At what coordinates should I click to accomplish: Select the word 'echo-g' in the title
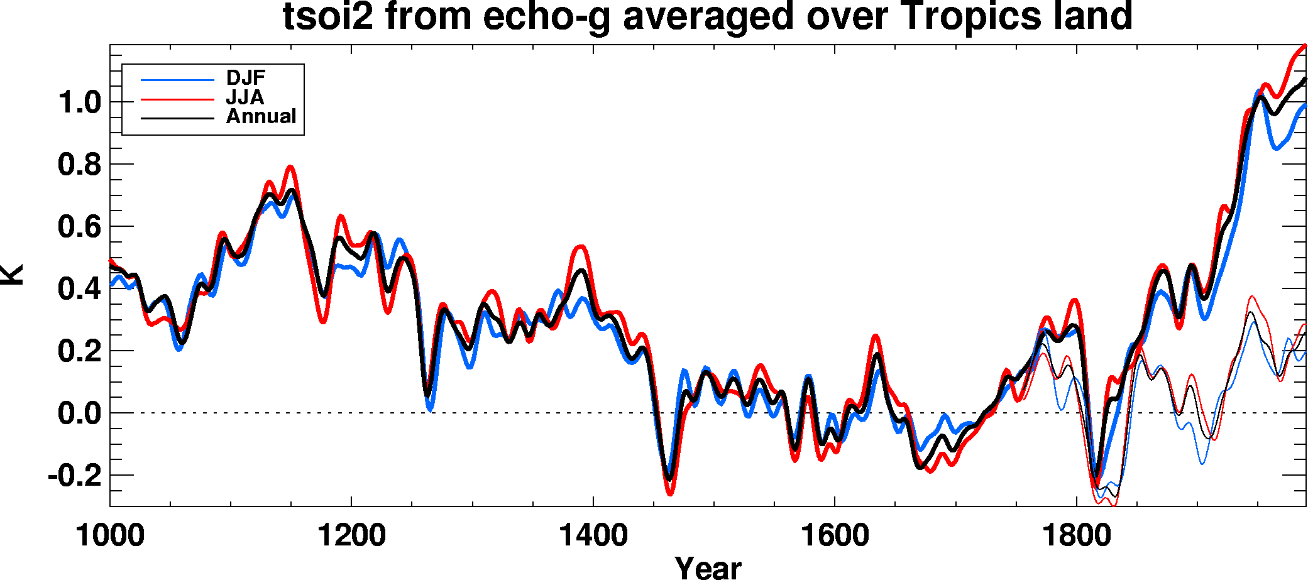[x=546, y=17]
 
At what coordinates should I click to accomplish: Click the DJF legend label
[x=246, y=78]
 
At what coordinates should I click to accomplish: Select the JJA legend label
[x=245, y=97]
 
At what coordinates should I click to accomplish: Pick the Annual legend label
[x=261, y=116]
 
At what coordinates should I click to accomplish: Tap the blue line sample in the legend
[x=178, y=80]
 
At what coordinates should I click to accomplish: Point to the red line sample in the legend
[x=178, y=99]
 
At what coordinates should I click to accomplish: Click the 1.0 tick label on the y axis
[x=79, y=102]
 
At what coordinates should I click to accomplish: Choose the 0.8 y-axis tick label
[x=79, y=165]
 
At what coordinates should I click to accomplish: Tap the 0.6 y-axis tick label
[x=79, y=227]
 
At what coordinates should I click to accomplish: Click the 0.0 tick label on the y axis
[x=79, y=413]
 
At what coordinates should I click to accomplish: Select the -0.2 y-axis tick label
[x=74, y=476]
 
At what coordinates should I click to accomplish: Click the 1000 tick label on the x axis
[x=110, y=536]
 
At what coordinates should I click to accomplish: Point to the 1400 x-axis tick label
[x=593, y=536]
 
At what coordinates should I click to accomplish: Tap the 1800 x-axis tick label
[x=1077, y=536]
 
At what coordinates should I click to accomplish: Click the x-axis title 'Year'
[x=708, y=567]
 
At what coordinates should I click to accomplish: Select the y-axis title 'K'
[x=13, y=275]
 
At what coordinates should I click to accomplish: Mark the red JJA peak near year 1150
[x=290, y=167]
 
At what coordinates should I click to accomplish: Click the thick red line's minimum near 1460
[x=669, y=494]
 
